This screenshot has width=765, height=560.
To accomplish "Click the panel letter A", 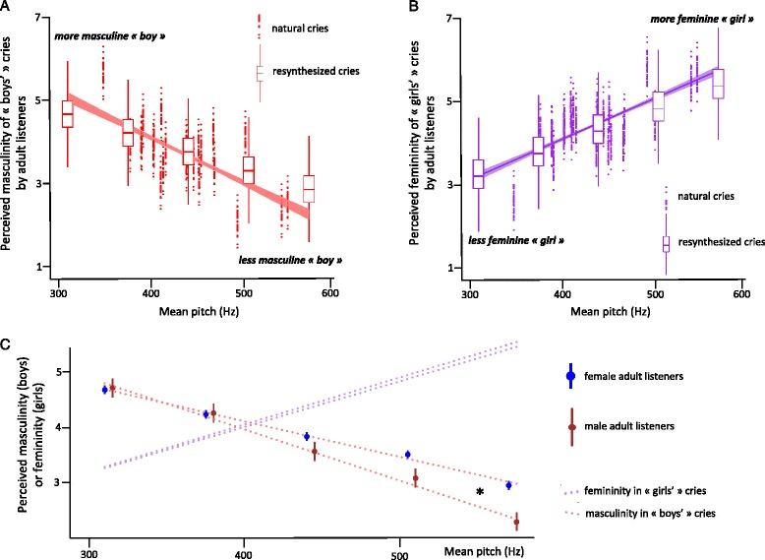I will click(7, 7).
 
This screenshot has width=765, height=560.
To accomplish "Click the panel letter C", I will click(7, 345).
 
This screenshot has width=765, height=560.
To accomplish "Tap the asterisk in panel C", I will click(480, 492).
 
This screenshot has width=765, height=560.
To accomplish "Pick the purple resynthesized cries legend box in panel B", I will click(666, 243).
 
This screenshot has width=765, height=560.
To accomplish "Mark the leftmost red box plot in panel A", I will click(67, 113).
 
